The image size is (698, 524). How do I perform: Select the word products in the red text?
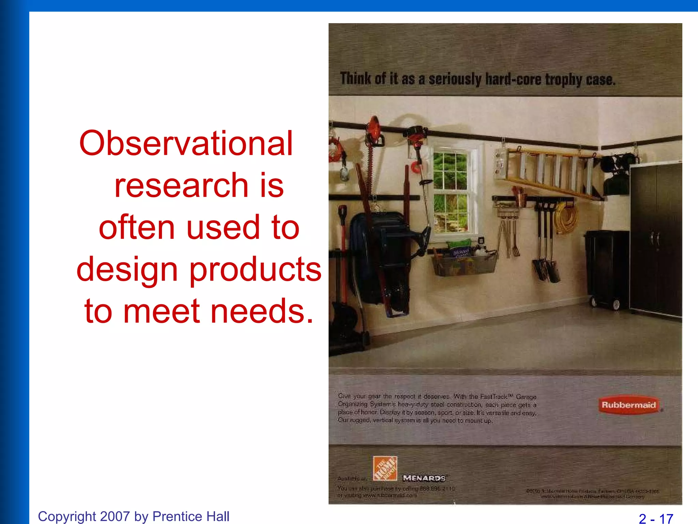click(255, 270)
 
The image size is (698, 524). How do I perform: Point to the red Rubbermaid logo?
click(628, 405)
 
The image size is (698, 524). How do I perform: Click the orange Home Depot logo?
click(385, 468)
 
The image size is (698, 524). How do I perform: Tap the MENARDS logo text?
click(424, 478)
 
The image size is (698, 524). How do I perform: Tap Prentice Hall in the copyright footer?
click(191, 516)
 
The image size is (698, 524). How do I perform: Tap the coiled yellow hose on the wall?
click(566, 218)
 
